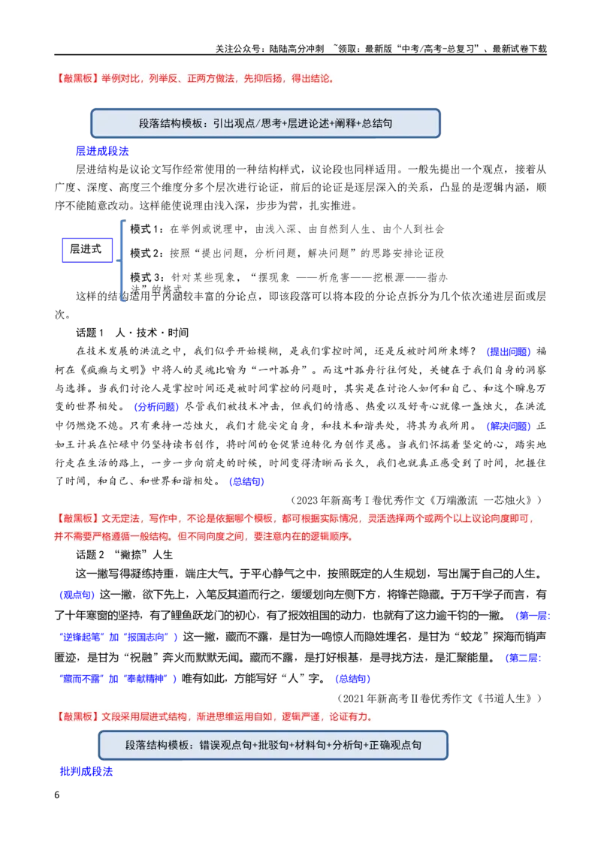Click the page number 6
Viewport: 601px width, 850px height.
click(x=57, y=794)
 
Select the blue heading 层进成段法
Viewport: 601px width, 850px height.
click(x=102, y=151)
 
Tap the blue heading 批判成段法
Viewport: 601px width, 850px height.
click(x=86, y=771)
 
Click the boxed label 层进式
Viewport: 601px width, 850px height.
click(x=87, y=250)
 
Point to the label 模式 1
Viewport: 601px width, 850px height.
click(x=146, y=229)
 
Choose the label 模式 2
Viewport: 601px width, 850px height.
click(x=146, y=253)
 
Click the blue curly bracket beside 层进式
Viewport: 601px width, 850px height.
click(x=122, y=261)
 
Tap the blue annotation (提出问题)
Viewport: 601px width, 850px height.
click(x=509, y=351)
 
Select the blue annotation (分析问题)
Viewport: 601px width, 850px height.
click(x=156, y=406)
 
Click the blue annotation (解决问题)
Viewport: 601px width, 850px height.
click(x=509, y=426)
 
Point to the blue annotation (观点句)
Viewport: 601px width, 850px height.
click(x=77, y=595)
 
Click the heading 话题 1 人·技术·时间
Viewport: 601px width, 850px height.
click(x=132, y=333)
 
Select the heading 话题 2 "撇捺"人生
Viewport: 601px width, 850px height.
click(x=124, y=555)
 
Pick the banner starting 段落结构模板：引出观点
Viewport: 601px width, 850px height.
click(x=265, y=123)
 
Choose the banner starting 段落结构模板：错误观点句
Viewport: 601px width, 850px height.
click(x=273, y=746)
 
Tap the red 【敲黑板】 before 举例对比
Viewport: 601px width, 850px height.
click(x=77, y=79)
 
